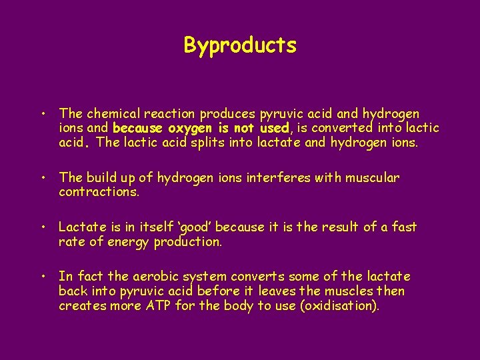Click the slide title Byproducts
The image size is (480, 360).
coord(240,45)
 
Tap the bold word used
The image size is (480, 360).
coord(273,128)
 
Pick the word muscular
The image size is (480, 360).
coord(372,178)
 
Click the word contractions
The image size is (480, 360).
coord(99,192)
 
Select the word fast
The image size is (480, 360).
coord(404,227)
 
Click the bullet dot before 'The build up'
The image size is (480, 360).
coord(41,178)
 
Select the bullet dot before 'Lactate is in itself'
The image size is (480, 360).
coord(41,227)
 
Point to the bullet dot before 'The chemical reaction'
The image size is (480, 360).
coord(41,114)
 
